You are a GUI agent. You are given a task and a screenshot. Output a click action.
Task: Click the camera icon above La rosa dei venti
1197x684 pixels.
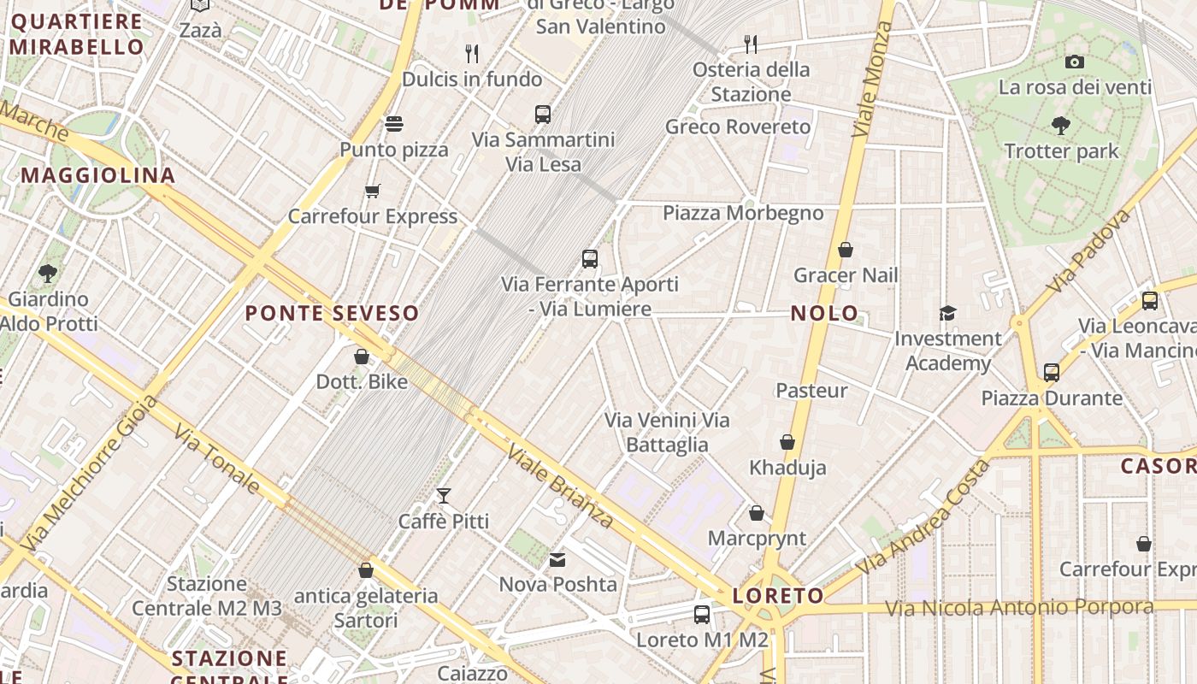1075,62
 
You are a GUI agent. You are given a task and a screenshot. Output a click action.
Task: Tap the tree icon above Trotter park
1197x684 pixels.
1061,126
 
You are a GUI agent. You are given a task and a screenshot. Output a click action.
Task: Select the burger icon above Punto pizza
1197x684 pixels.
394,124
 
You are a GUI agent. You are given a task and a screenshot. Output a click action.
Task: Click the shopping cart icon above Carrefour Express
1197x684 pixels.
372,191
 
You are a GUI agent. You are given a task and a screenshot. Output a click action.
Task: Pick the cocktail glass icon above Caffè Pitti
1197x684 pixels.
444,495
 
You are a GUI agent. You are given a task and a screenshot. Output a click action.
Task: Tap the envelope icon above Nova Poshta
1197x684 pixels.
557,560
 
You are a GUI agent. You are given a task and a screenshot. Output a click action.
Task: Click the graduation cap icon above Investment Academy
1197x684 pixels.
947,313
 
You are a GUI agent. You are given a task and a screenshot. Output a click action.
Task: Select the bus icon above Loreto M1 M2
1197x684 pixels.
702,614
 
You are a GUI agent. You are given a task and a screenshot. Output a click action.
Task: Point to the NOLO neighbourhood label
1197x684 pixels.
824,313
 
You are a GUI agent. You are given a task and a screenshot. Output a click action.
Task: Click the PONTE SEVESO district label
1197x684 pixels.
332,313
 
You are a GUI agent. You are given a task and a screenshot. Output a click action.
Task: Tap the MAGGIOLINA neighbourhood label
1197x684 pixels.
98,176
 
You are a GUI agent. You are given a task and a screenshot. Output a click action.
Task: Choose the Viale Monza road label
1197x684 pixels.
873,80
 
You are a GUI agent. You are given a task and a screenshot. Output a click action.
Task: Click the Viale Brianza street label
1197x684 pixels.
559,485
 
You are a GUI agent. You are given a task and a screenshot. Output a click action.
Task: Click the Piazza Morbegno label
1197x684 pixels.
743,213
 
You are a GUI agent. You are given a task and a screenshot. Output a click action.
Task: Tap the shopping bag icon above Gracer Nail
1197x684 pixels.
846,250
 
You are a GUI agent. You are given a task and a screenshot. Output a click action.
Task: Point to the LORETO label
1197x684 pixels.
778,596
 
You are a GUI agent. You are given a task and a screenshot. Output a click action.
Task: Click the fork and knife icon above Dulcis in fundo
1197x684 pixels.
472,54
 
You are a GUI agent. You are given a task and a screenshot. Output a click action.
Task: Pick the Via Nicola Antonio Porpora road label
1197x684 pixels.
1019,608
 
